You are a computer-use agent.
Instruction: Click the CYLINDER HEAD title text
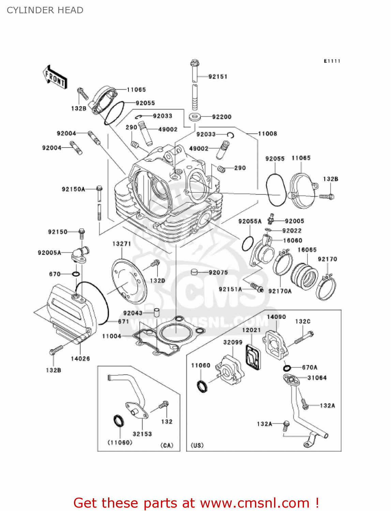point(45,10)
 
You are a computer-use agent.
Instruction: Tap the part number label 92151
point(218,77)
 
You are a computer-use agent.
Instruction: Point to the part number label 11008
point(267,134)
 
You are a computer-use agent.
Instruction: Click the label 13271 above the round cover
point(122,244)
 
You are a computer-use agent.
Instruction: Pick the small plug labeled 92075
point(194,272)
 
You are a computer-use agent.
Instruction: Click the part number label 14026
point(80,358)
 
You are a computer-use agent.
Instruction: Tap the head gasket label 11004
point(112,336)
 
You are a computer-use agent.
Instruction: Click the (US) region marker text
point(197,445)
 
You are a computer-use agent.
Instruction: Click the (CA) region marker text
point(167,445)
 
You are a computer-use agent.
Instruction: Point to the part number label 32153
point(142,434)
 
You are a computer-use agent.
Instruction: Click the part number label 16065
point(307,250)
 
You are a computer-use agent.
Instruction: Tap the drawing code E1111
point(332,61)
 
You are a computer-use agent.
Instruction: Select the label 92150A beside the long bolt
point(73,189)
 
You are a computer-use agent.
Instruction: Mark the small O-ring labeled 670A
point(287,368)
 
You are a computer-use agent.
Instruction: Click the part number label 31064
point(317,377)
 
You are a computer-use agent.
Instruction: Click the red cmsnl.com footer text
point(196,503)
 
